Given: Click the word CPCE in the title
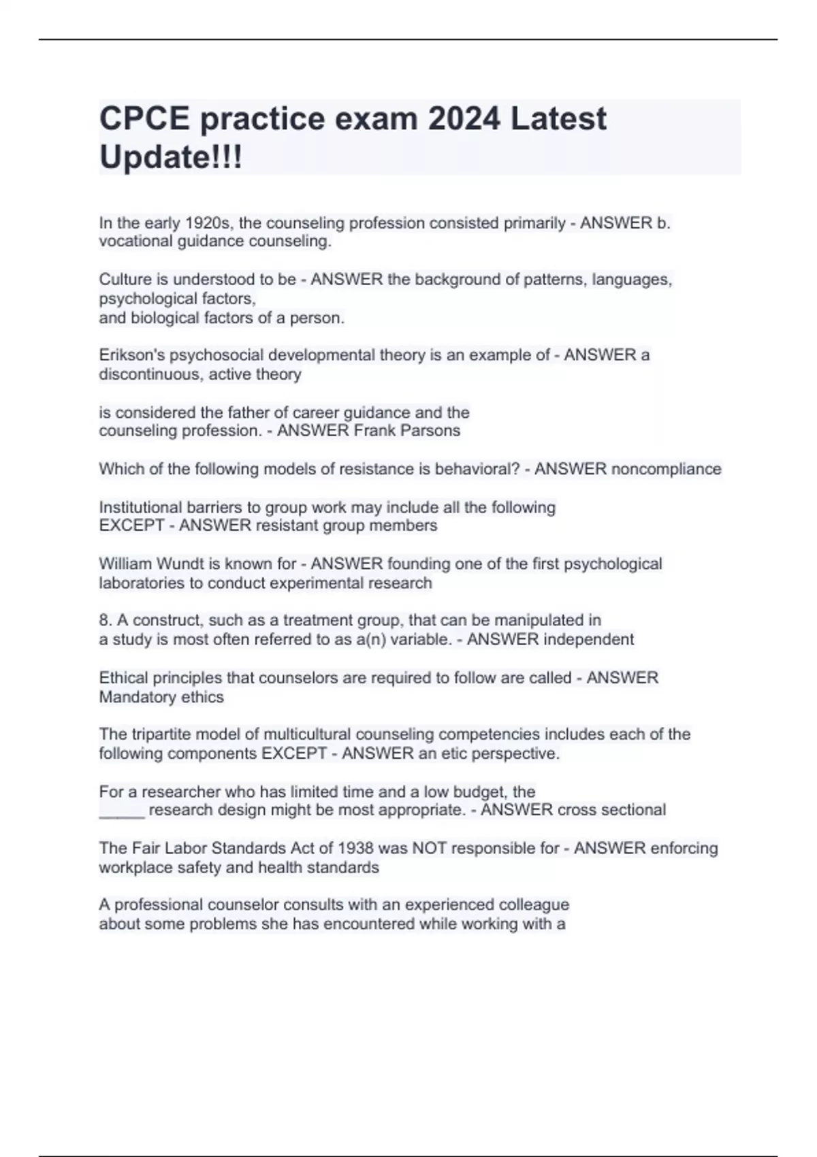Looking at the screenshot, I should pyautogui.click(x=144, y=118).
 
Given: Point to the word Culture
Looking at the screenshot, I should pyautogui.click(x=125, y=280).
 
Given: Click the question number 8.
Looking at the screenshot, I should pyautogui.click(x=105, y=621).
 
